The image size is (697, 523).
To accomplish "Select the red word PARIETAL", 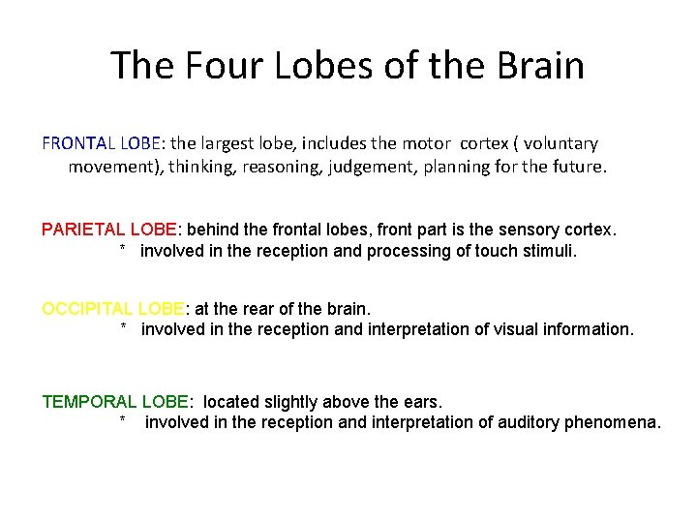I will coord(88,231).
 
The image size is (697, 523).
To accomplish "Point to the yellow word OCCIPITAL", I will coord(88,309).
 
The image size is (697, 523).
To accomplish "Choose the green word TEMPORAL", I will coord(90,402).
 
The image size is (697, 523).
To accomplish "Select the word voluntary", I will coord(556,143).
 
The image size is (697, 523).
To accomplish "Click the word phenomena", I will coord(616,422).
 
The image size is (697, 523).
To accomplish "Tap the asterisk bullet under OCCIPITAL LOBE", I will coord(124,328).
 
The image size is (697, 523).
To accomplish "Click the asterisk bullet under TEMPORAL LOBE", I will coord(124,421).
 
